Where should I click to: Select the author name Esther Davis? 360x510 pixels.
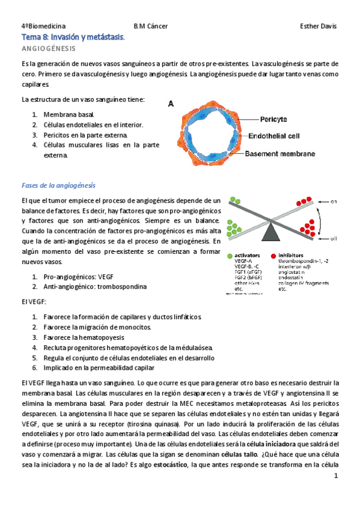(319, 26)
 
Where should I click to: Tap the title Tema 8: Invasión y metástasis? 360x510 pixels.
(73, 37)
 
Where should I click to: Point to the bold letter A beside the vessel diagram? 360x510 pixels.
(171, 103)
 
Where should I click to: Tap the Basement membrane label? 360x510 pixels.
(280, 154)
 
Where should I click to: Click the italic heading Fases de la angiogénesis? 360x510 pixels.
(58, 185)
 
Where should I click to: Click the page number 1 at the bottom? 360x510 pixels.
(337, 476)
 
